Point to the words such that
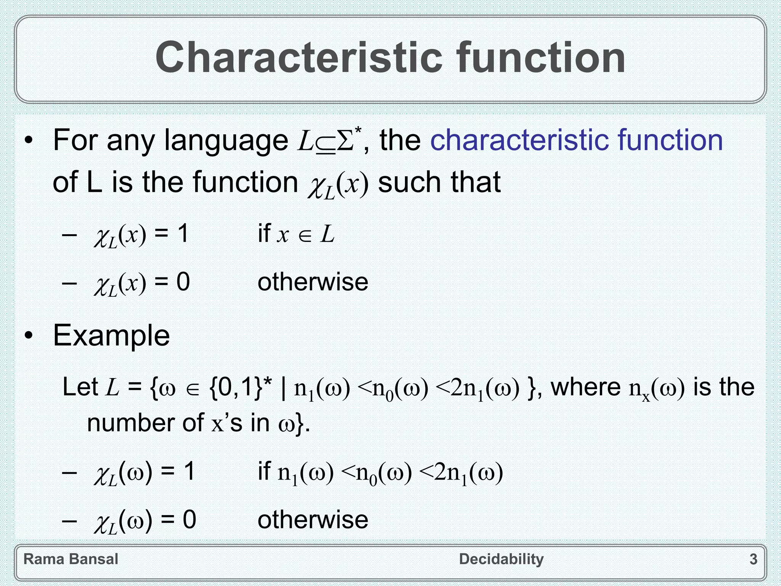(439, 182)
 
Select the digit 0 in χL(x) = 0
(183, 282)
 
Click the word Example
(111, 336)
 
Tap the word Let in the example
(80, 387)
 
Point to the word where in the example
(586, 387)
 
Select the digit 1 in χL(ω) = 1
(189, 471)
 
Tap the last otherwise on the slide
(313, 520)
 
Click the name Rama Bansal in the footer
(71, 559)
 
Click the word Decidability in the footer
(501, 559)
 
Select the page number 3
(753, 559)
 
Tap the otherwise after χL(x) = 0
(313, 282)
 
